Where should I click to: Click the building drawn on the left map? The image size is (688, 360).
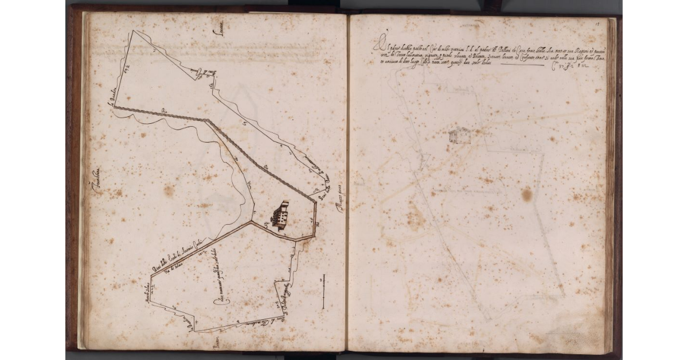(281, 214)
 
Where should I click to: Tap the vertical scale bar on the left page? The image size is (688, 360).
(323, 291)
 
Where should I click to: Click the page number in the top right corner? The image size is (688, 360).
(597, 24)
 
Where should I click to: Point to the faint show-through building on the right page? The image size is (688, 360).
(457, 136)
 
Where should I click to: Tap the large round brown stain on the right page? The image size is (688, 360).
(526, 194)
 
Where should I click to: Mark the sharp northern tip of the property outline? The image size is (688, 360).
(134, 30)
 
